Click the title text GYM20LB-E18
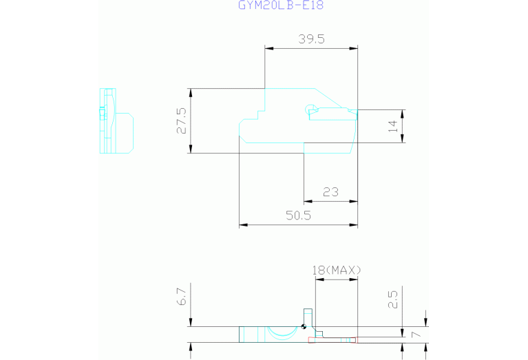(281, 5)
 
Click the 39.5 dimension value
(311, 39)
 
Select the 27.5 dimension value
(182, 121)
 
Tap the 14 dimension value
(393, 126)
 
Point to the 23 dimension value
(330, 192)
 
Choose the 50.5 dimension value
(298, 215)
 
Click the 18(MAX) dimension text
(337, 270)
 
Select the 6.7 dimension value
(182, 297)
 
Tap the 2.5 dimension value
(393, 299)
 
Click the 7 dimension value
(416, 335)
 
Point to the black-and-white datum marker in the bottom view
(304, 326)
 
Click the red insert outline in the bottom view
(332, 340)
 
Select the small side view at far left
(116, 121)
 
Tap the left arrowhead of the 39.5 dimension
(269, 48)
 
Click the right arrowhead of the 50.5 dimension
(353, 224)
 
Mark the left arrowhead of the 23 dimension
(308, 202)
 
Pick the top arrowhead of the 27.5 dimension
(191, 93)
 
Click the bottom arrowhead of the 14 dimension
(403, 138)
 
